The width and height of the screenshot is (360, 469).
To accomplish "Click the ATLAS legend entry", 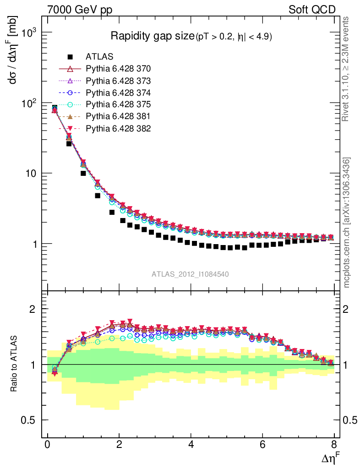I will [100, 57].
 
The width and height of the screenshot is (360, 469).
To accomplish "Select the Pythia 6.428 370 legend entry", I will [118, 69].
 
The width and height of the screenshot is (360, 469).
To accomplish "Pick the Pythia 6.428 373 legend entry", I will [118, 81].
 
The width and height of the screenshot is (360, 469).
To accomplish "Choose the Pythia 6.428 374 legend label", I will [118, 93].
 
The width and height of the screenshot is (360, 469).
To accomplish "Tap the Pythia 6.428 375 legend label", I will [118, 104].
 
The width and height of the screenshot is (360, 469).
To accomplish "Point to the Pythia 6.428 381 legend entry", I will [118, 116].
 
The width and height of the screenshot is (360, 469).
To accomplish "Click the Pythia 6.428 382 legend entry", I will [118, 128].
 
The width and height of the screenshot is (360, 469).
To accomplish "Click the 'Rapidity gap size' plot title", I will [153, 36].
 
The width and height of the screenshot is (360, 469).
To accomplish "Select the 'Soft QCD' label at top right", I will [312, 10].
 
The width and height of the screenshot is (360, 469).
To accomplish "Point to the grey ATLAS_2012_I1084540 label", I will [190, 274].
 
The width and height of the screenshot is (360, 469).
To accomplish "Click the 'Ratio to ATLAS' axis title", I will [14, 365].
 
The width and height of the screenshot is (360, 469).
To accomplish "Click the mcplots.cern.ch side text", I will [347, 223].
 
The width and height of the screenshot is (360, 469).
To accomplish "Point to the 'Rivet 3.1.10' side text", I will [347, 69].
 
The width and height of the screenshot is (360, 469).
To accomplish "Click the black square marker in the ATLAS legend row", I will [70, 57].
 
